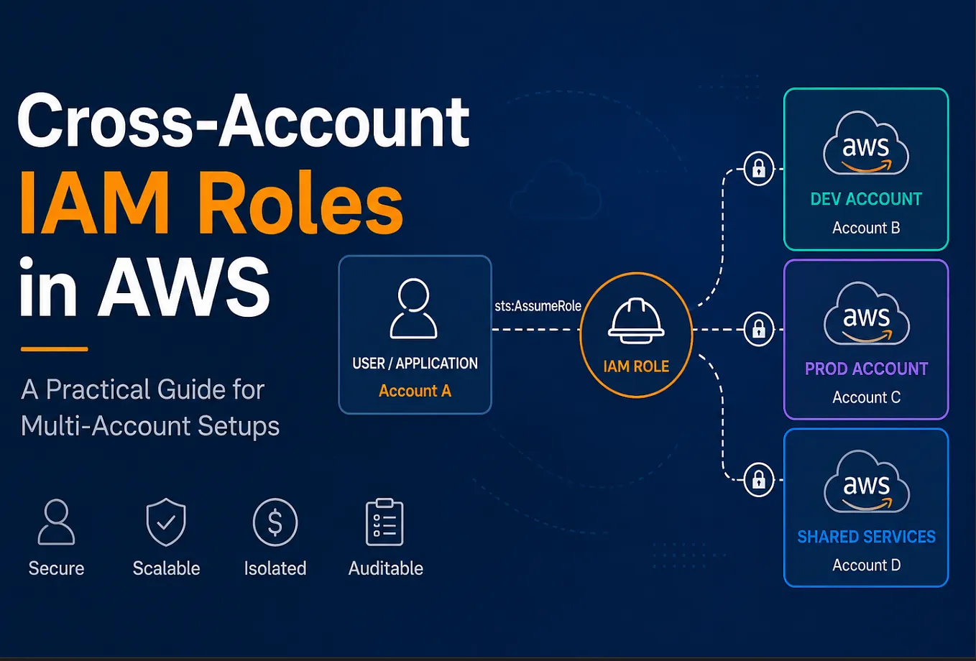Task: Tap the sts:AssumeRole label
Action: click(x=538, y=306)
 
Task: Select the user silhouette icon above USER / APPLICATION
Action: click(x=413, y=308)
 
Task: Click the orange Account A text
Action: click(x=415, y=391)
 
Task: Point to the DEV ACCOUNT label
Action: click(x=866, y=199)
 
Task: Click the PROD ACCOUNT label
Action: click(x=866, y=369)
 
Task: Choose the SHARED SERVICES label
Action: click(x=866, y=537)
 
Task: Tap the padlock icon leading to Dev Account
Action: click(x=758, y=169)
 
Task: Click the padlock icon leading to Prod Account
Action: click(x=758, y=330)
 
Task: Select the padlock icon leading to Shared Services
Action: click(x=758, y=479)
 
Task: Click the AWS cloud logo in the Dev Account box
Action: click(x=866, y=143)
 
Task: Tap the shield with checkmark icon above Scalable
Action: click(x=166, y=522)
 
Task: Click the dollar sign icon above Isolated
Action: click(x=275, y=522)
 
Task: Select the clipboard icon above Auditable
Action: click(x=385, y=522)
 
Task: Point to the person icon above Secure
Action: click(x=56, y=522)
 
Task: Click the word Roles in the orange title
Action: click(x=300, y=203)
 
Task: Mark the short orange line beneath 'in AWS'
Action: click(x=54, y=348)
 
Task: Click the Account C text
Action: click(x=866, y=397)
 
